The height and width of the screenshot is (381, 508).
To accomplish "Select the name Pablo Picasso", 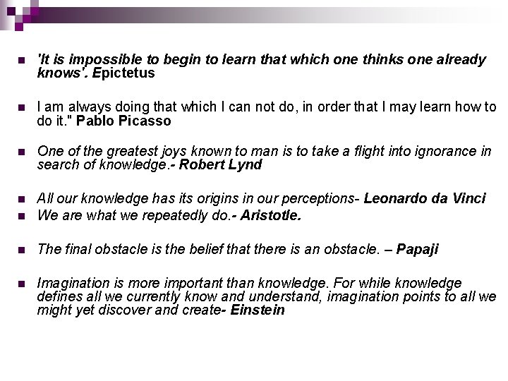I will pos(123,121).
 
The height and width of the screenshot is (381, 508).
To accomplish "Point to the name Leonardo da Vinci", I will pos(425,199).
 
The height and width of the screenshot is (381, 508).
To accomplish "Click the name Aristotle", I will pos(270,215).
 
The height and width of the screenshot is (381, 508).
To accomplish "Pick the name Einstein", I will pos(258,309).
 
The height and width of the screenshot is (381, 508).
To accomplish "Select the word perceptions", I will pos(319,199).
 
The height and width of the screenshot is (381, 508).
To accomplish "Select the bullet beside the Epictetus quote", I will pos(21,61).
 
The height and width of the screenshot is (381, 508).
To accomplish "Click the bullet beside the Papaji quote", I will pos(21,250).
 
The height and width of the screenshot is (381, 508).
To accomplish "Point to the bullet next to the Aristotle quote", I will pos(21,216).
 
